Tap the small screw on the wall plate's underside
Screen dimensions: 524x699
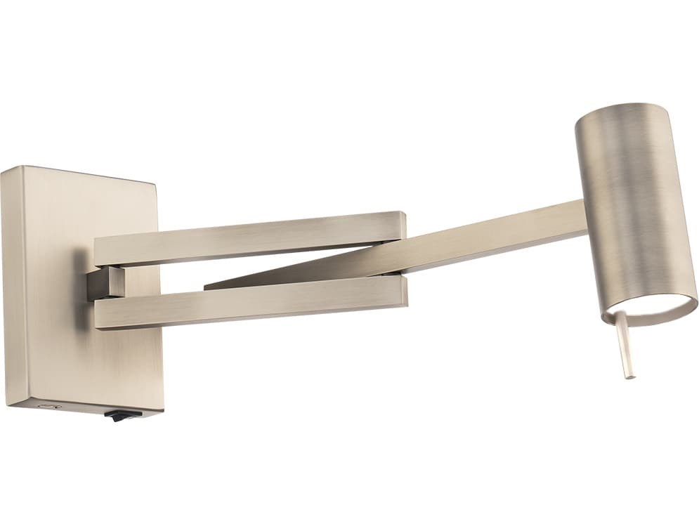[x=48, y=407]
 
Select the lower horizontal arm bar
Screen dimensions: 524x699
[x=246, y=304]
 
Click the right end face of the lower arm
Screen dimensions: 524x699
[x=403, y=293]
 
